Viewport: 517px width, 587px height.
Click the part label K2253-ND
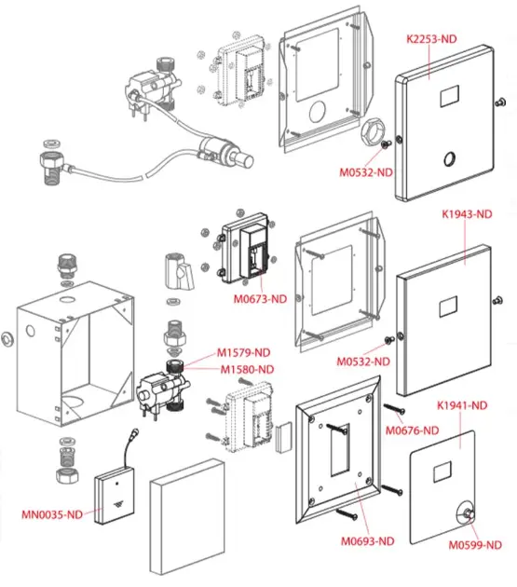[x=431, y=39]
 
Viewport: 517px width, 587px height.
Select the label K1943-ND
[x=467, y=214]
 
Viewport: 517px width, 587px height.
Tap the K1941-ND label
[x=462, y=405]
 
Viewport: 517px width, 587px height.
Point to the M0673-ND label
[x=260, y=299]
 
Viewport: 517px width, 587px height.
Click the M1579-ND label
[x=244, y=352]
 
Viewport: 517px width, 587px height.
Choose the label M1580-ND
[x=247, y=370]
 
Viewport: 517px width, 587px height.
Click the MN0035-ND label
[x=52, y=514]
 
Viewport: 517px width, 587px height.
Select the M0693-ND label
[x=368, y=541]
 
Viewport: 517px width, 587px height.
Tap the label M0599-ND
[x=475, y=545]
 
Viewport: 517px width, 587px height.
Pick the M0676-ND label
[x=412, y=430]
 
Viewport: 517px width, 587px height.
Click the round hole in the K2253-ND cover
[x=449, y=159]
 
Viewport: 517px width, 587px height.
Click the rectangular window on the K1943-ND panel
[x=448, y=307]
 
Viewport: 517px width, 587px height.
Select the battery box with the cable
[x=115, y=495]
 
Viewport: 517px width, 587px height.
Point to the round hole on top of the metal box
[x=68, y=299]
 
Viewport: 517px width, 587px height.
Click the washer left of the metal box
[x=7, y=339]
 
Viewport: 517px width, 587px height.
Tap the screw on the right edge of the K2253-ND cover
[x=500, y=102]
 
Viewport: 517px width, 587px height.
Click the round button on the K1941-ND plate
[x=467, y=514]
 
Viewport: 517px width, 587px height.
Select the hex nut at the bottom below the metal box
[x=67, y=476]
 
